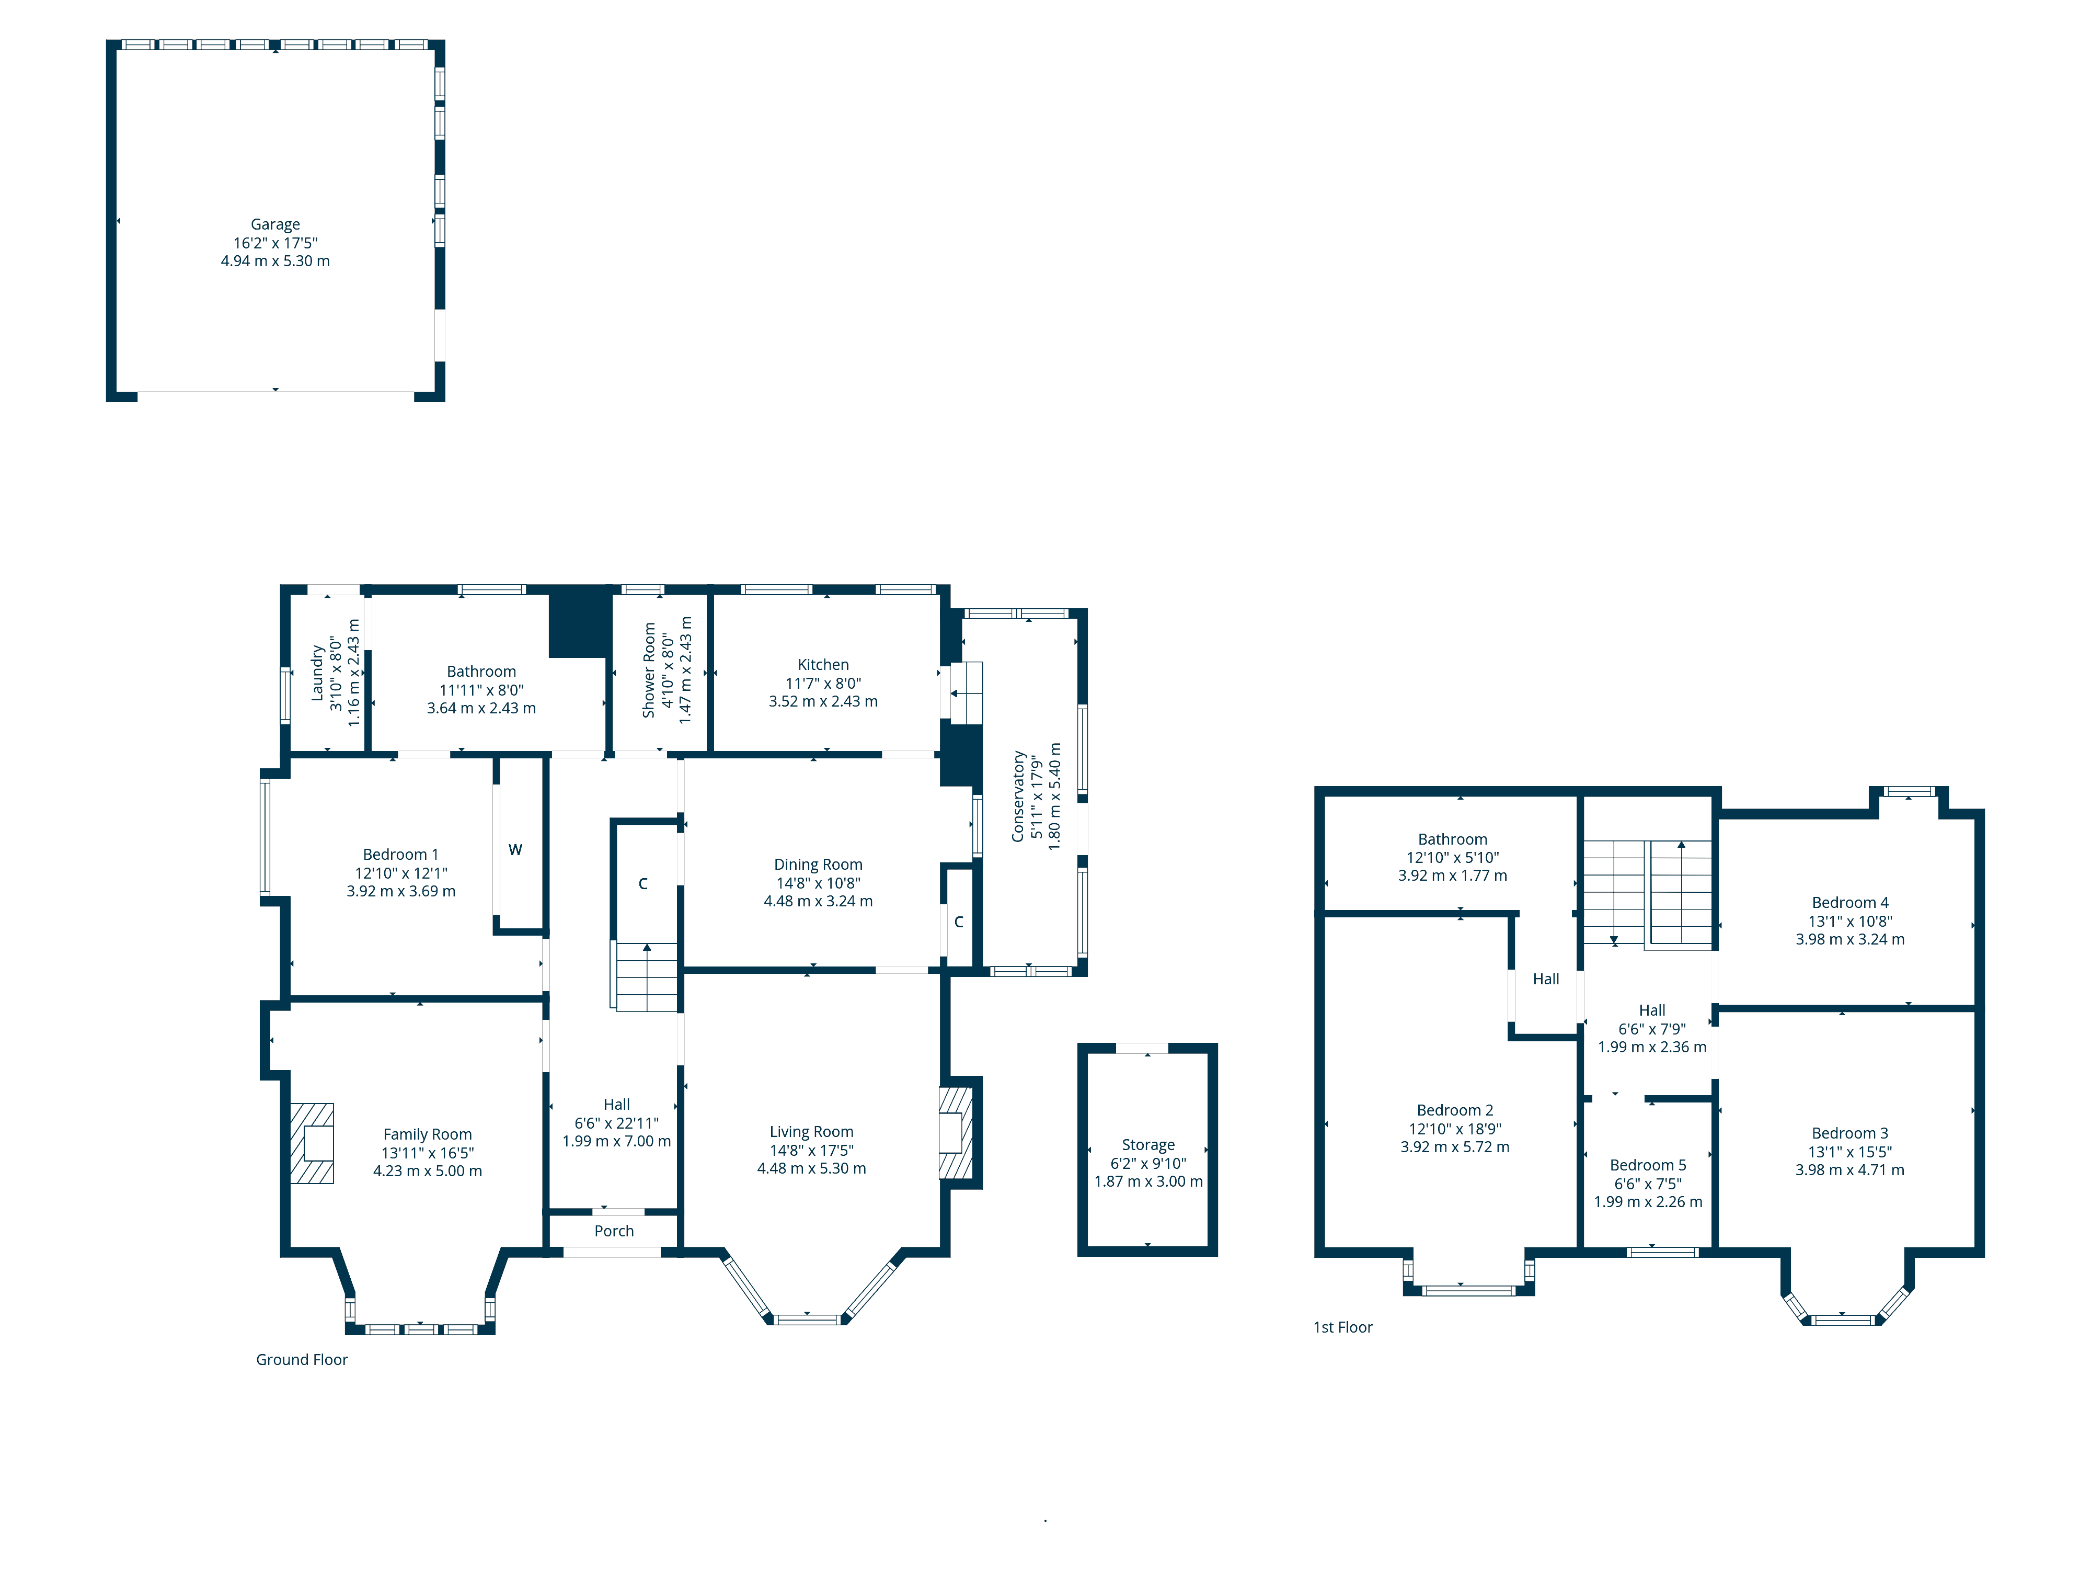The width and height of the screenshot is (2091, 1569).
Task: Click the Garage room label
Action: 275,224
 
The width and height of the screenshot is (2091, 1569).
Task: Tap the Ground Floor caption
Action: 302,1359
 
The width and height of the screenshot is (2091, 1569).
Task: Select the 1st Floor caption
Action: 1342,1327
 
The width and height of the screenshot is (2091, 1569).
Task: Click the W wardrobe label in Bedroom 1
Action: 515,849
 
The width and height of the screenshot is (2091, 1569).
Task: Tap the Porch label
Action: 614,1231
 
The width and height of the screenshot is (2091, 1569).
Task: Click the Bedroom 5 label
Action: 1648,1165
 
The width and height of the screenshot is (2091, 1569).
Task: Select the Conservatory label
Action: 1018,797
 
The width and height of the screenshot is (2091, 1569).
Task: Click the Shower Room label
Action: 649,669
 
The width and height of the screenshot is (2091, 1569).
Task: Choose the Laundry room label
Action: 318,673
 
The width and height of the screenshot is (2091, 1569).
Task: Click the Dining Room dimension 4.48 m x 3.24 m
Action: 818,901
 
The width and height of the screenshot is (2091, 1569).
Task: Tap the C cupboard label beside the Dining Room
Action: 959,921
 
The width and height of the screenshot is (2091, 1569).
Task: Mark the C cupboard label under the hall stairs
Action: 643,883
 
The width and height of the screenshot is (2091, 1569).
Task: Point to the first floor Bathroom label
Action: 1452,839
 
